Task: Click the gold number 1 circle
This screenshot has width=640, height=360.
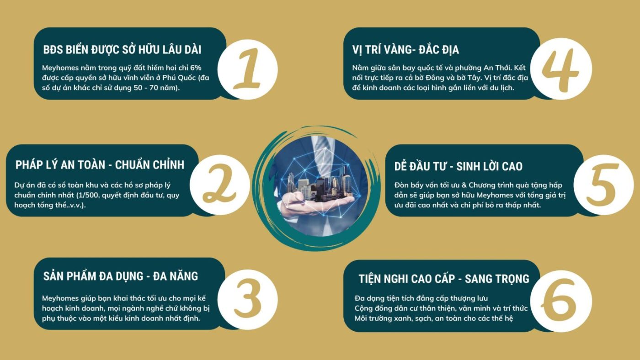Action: coord(247,69)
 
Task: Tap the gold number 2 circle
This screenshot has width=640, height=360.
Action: coord(220,185)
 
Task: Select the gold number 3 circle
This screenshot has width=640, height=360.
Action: coord(247,300)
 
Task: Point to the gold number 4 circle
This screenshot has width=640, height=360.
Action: coord(561,69)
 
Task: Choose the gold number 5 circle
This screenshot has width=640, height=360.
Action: coord(603,185)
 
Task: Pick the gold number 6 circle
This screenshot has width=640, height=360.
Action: coord(561,301)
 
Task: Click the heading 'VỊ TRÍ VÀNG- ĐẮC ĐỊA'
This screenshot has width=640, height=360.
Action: coord(405,50)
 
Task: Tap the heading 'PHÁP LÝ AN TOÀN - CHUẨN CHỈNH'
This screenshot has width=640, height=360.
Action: coord(100,165)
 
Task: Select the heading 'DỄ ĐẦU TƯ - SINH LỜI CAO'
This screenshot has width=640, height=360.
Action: coord(458,166)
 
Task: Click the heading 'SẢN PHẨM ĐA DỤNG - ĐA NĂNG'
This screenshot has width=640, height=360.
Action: coord(121,276)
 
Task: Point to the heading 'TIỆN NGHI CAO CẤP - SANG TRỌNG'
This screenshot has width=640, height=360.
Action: coord(444,279)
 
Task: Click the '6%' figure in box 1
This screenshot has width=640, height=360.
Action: coord(196,68)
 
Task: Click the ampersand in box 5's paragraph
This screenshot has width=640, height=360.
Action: coord(464,185)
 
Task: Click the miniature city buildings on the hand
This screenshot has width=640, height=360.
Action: coord(320,184)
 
